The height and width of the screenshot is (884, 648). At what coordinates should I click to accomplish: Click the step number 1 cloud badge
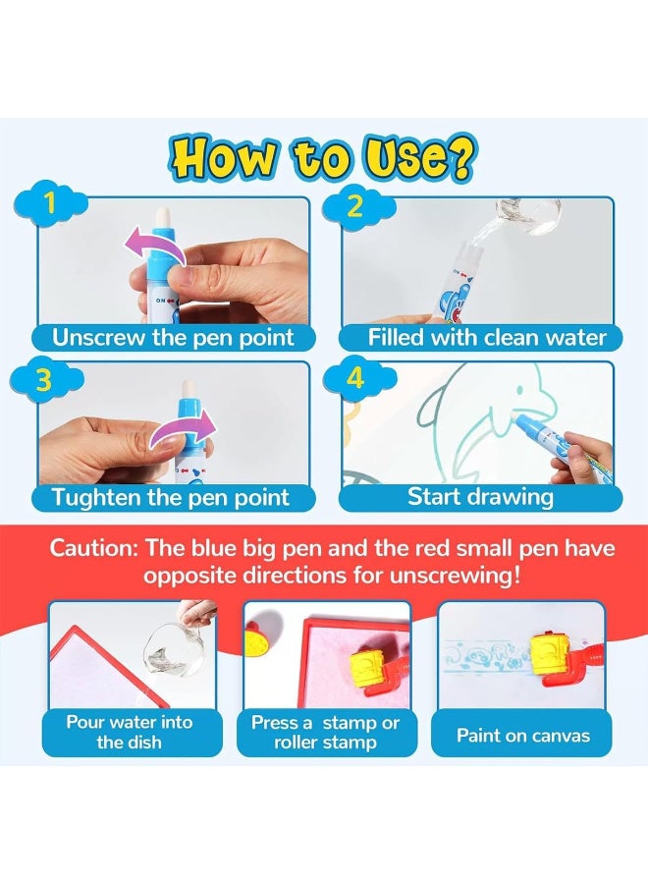(45, 205)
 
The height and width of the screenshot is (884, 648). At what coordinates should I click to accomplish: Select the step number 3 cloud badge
(45, 380)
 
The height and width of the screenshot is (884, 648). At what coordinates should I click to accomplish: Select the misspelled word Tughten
(97, 497)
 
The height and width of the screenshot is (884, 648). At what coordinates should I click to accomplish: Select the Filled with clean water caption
(487, 338)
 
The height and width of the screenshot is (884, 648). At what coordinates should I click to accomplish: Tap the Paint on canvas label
(523, 734)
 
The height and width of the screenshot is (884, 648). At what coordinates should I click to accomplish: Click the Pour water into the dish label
(130, 732)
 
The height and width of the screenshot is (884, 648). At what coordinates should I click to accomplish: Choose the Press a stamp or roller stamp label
(325, 732)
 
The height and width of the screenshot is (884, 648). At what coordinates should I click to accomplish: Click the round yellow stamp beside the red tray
(263, 637)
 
